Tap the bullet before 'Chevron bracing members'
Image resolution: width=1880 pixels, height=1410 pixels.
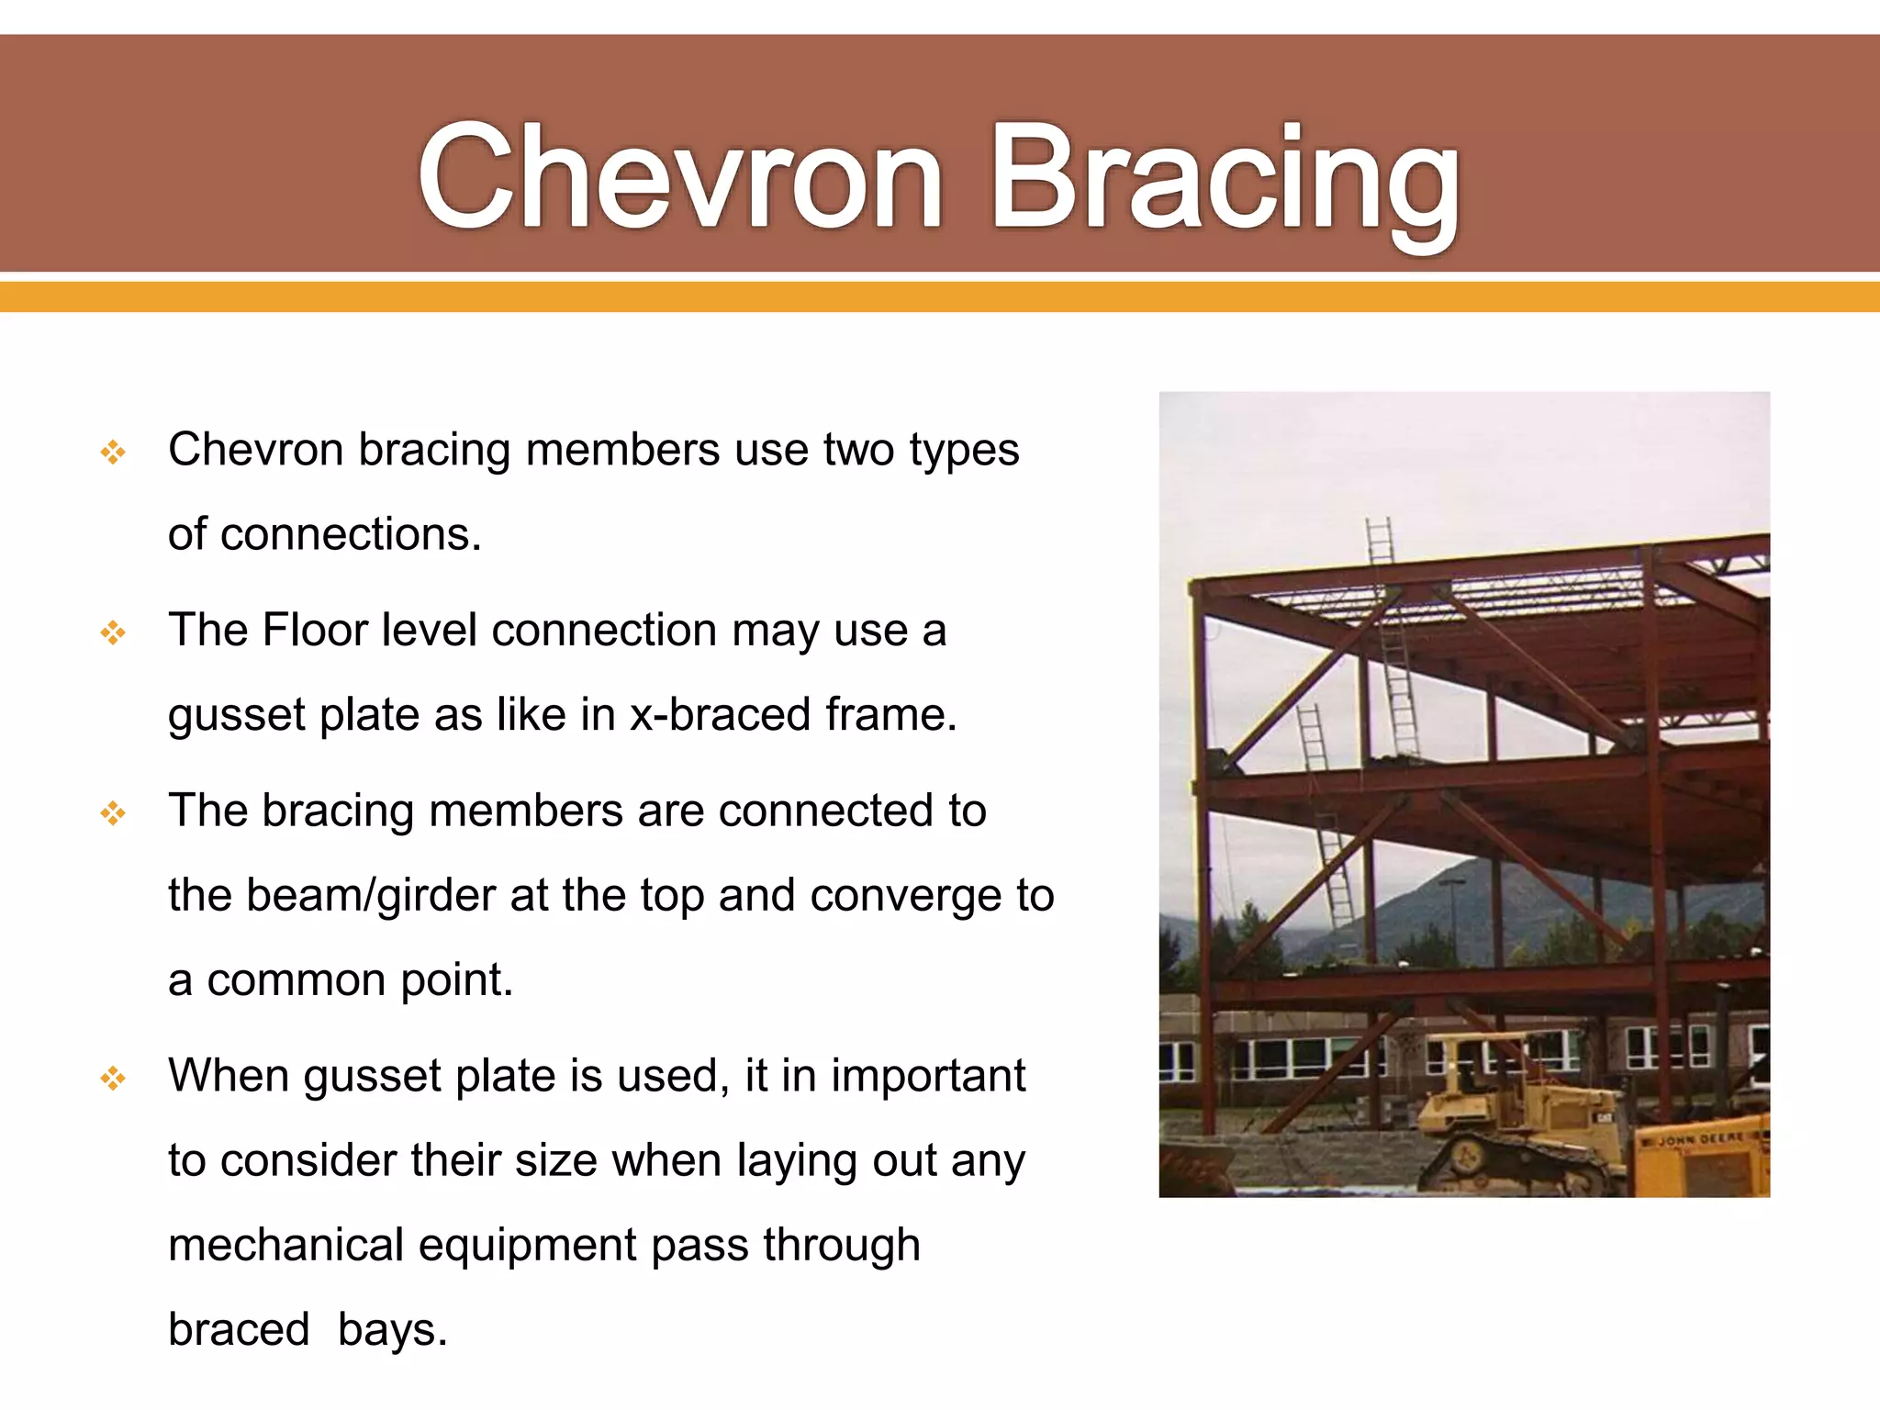[x=113, y=452]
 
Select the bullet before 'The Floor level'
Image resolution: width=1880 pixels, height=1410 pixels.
[x=113, y=632]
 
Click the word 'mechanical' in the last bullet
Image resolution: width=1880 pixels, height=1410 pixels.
[x=285, y=1246]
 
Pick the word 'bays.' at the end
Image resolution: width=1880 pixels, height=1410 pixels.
[x=393, y=1330]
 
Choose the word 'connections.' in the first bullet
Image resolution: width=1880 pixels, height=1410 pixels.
[x=351, y=534]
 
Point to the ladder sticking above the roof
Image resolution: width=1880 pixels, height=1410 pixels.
[x=1380, y=541]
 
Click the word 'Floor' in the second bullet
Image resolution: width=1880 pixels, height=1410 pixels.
[x=315, y=631]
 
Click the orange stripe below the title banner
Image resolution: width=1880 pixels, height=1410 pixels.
[x=940, y=297]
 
